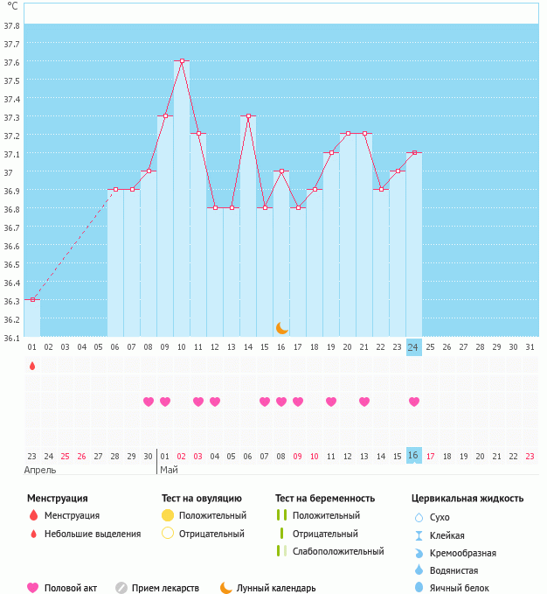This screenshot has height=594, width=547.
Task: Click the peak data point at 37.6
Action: pos(182,61)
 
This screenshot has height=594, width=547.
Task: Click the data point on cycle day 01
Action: pos(32,300)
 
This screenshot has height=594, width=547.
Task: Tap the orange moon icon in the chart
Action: pos(281,327)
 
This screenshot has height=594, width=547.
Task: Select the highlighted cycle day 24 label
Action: pos(414,347)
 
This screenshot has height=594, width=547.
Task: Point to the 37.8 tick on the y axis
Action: pos(12,25)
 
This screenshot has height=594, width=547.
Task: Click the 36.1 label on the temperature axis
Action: pos(12,338)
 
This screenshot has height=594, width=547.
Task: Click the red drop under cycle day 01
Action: pos(32,366)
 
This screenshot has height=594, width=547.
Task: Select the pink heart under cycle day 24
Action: pos(414,402)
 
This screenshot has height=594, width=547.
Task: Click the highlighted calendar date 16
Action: pos(414,456)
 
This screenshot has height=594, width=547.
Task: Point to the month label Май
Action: pos(169,470)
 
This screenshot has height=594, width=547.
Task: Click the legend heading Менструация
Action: pos(58,498)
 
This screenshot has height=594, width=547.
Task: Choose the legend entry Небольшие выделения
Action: pos(92,534)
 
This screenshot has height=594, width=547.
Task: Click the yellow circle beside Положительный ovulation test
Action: pos(168,515)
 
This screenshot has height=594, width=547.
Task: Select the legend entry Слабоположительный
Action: pos(338,551)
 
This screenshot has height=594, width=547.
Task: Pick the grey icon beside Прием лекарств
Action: pos(121,588)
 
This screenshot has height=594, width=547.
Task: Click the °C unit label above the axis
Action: pos(11,6)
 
